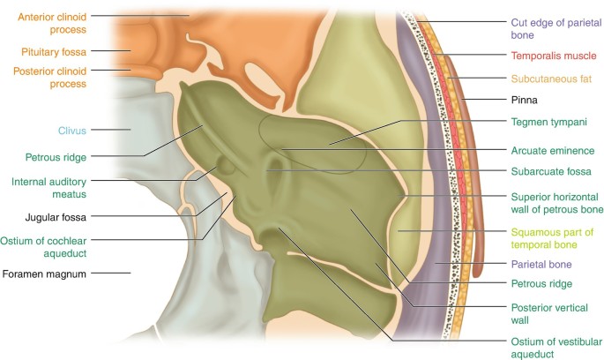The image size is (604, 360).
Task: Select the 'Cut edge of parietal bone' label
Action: tap(548, 31)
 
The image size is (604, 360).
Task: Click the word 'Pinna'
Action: tap(525, 101)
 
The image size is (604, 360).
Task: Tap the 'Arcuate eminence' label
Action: tap(553, 150)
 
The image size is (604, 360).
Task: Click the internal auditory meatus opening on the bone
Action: tap(227, 163)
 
